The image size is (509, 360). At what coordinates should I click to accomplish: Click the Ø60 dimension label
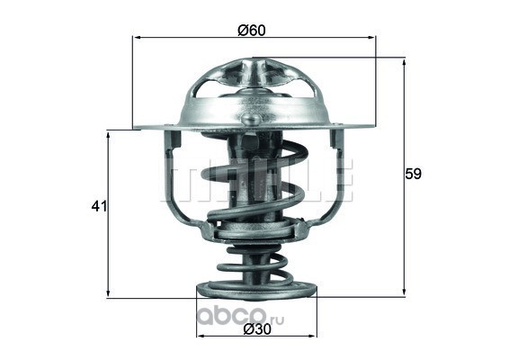[252, 31]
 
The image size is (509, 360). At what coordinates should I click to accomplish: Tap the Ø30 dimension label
[257, 329]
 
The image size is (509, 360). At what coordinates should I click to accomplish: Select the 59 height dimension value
[413, 175]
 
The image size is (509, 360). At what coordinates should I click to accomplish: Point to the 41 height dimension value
[99, 206]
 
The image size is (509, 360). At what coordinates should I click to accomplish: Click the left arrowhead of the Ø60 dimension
[137, 38]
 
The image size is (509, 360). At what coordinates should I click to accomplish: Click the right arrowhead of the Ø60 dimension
[371, 38]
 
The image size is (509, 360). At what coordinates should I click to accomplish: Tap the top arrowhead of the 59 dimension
[404, 62]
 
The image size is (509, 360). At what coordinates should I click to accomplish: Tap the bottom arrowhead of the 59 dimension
[404, 292]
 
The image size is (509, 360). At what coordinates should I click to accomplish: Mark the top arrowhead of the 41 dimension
[109, 135]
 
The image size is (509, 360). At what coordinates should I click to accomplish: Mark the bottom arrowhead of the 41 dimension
[109, 293]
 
